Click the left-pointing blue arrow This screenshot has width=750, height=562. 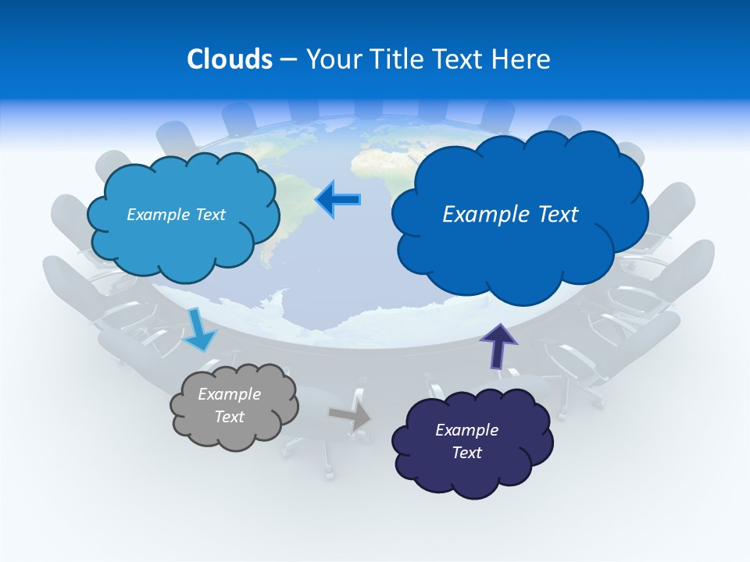[x=337, y=200]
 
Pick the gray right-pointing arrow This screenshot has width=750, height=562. [x=349, y=416]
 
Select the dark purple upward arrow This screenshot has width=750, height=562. [x=498, y=346]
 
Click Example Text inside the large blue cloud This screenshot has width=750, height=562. [x=510, y=214]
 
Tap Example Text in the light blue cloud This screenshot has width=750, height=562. [x=176, y=214]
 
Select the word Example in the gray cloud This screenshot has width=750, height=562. [x=229, y=394]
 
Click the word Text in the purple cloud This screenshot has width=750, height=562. [x=466, y=453]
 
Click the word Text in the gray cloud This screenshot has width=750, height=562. [x=229, y=417]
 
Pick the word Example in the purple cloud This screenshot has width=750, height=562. [x=466, y=430]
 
